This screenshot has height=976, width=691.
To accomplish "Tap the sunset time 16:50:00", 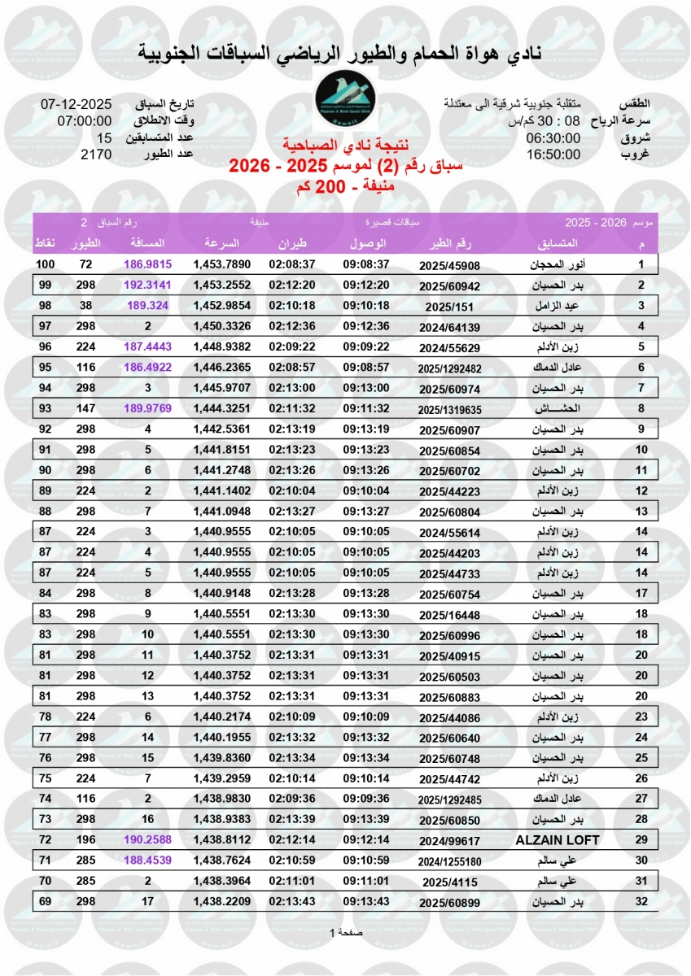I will pyautogui.click(x=553, y=154).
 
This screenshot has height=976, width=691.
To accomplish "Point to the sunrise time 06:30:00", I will pyautogui.click(x=553, y=137).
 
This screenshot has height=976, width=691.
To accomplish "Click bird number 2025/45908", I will pyautogui.click(x=449, y=265).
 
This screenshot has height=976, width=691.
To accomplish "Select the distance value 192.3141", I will pyautogui.click(x=148, y=285).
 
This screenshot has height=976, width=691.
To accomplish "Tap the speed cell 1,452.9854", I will pyautogui.click(x=221, y=306).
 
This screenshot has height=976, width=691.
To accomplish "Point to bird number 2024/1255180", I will pyautogui.click(x=449, y=860).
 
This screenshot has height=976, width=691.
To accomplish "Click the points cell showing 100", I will pyautogui.click(x=46, y=265).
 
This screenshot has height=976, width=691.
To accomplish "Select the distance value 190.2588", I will pyautogui.click(x=148, y=839).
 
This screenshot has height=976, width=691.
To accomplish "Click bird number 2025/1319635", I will pyautogui.click(x=449, y=409).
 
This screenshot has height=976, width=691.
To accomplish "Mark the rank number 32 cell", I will pyautogui.click(x=641, y=901).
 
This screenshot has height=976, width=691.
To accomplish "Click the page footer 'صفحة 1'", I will pyautogui.click(x=345, y=932).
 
